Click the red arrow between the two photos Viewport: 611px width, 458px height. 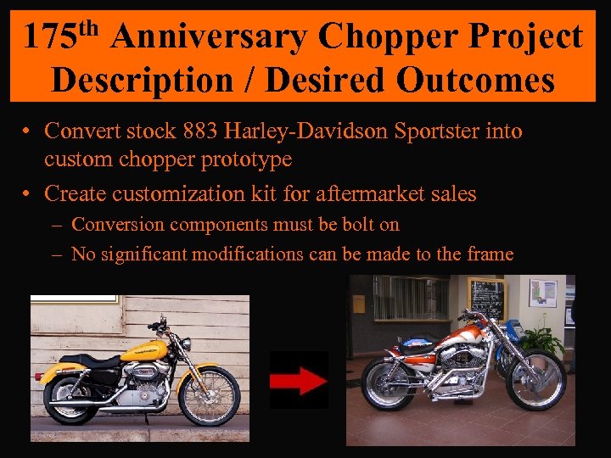pos(299,380)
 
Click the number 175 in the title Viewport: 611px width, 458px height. pos(49,37)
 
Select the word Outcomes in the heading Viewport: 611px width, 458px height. pos(474,81)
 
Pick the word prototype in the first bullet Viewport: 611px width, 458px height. pos(249,159)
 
